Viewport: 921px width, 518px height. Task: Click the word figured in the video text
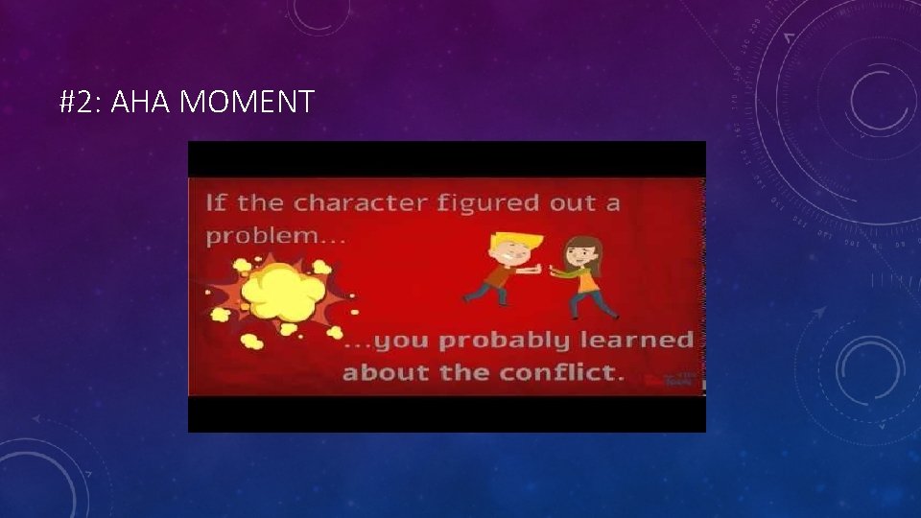pyautogui.click(x=491, y=203)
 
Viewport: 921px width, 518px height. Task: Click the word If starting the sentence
pyautogui.click(x=216, y=203)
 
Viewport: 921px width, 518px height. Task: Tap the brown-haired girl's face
pyautogui.click(x=579, y=254)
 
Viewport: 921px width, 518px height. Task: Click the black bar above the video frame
pyautogui.click(x=446, y=158)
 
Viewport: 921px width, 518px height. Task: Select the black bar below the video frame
pyautogui.click(x=446, y=414)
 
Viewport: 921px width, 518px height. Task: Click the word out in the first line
pyautogui.click(x=573, y=203)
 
